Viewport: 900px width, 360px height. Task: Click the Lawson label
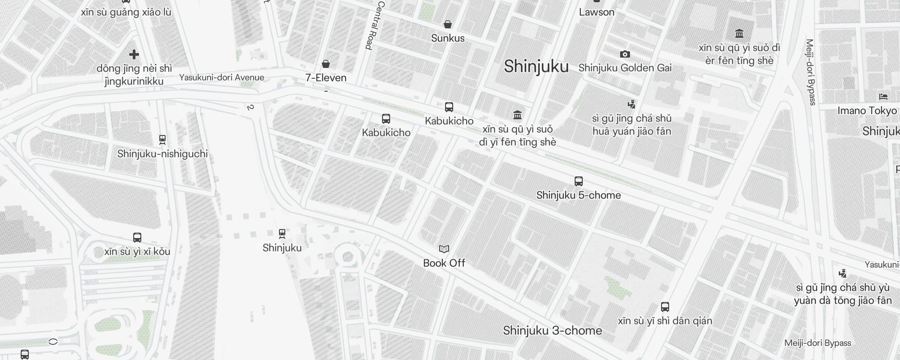[x=596, y=12]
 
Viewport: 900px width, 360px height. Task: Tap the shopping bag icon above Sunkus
[x=448, y=24]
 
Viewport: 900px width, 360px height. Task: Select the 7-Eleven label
[x=326, y=78]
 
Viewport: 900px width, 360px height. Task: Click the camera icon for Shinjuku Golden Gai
[x=625, y=54]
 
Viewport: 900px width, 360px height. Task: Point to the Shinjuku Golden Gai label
[x=625, y=68]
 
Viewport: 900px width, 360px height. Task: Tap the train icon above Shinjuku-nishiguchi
[x=162, y=140]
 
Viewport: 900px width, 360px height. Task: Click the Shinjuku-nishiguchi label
[x=162, y=154]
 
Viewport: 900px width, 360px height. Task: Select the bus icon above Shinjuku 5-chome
[x=579, y=181]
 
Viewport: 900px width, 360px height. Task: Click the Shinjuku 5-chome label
[x=579, y=195]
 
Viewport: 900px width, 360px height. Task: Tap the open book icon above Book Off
[x=444, y=249]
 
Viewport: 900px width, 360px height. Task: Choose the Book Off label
[x=444, y=263]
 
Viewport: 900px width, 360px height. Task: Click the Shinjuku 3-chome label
[x=553, y=331]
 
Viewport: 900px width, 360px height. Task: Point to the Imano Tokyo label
[x=867, y=111]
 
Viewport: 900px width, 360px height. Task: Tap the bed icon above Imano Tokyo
[x=883, y=97]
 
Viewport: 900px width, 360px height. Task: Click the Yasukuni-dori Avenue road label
[x=221, y=77]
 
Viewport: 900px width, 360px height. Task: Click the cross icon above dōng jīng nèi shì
[x=134, y=55]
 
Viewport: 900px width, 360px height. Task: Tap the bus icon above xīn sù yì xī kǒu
[x=137, y=238]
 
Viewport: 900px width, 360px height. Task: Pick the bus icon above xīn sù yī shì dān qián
[x=665, y=307]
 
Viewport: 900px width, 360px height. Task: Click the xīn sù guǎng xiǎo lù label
[x=126, y=12]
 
